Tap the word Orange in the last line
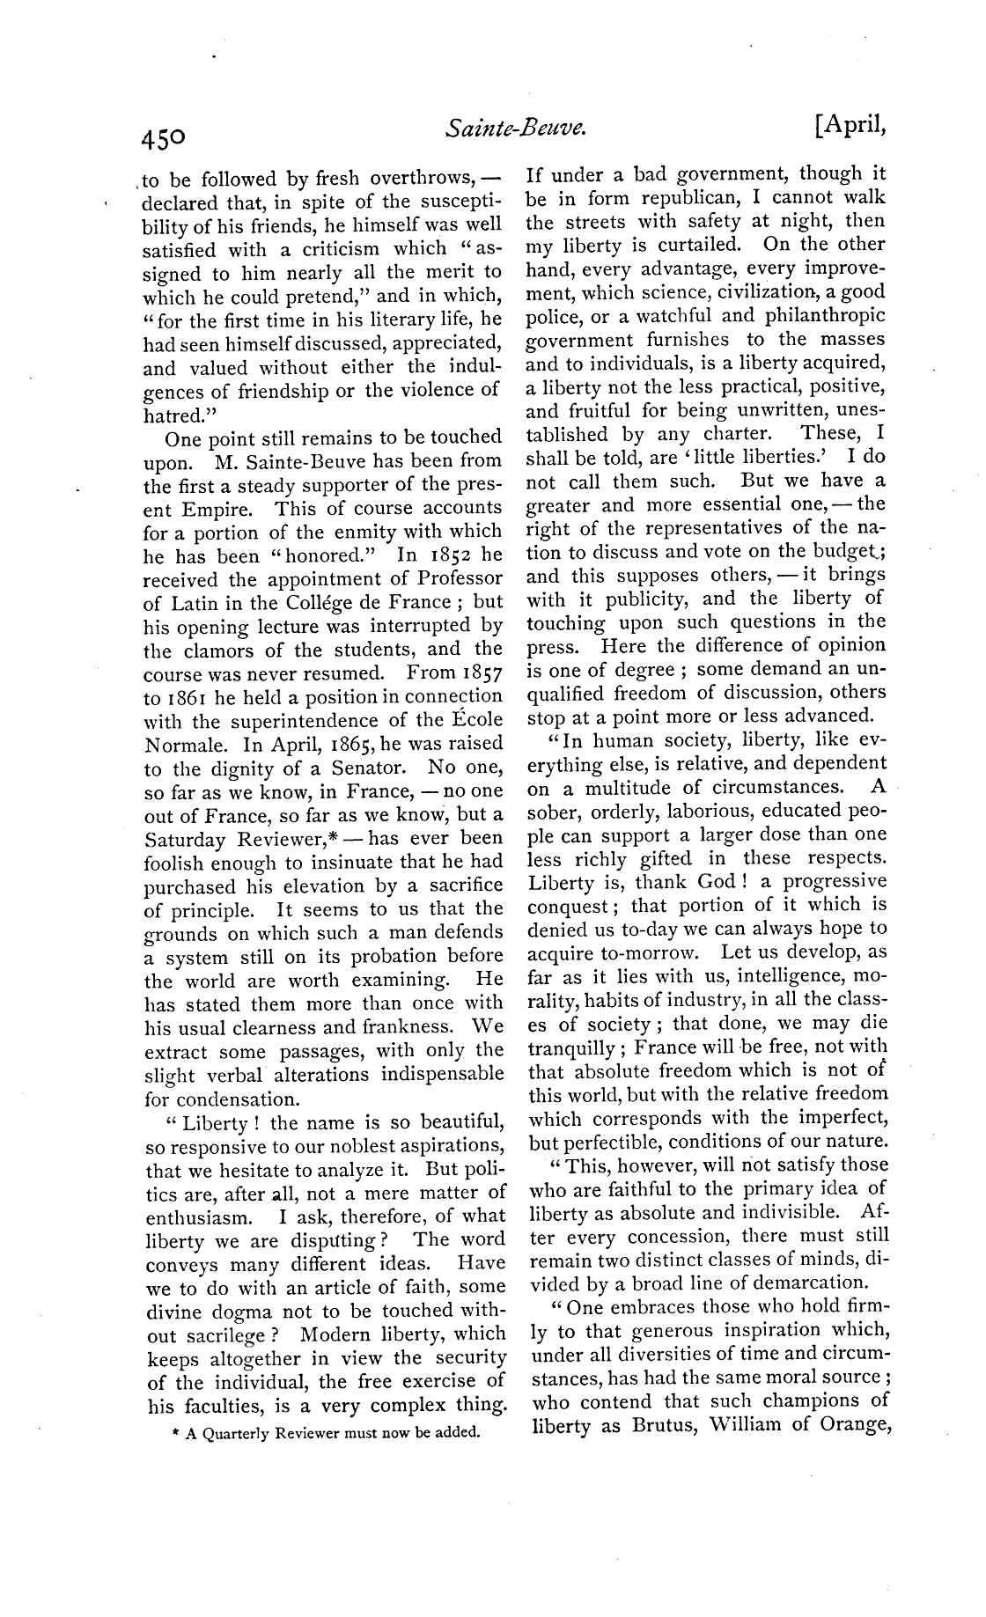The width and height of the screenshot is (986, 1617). coord(850,1425)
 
